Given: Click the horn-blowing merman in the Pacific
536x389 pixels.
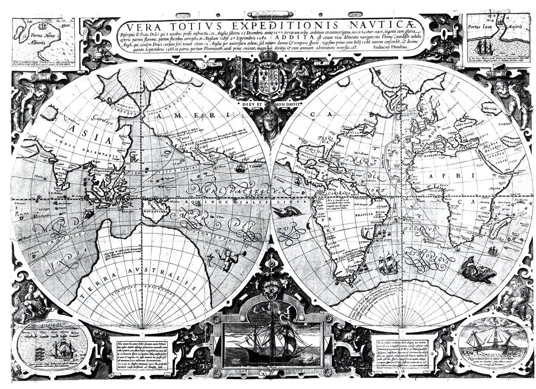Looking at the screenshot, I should [x=225, y=258].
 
